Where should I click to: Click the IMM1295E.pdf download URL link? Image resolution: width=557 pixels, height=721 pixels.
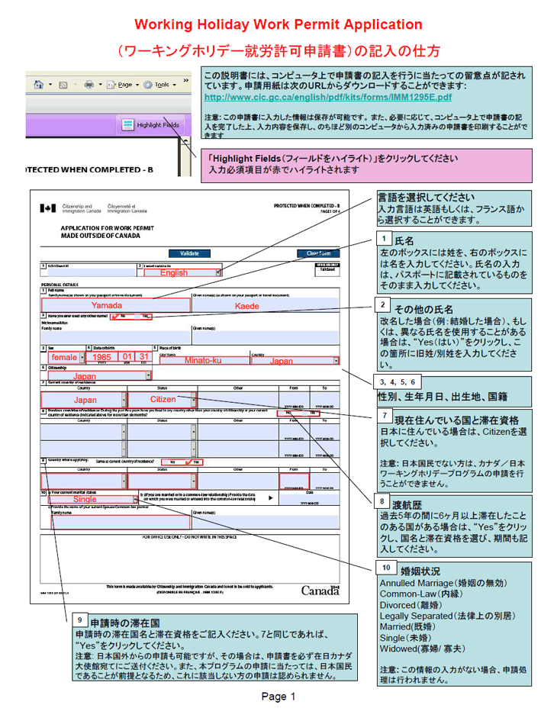[328, 98]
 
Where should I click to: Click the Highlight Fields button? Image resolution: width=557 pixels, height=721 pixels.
[152, 124]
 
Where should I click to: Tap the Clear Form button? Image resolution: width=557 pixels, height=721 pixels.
[318, 253]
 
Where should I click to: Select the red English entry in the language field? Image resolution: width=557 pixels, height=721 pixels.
[173, 272]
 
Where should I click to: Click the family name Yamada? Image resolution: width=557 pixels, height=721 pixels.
[107, 304]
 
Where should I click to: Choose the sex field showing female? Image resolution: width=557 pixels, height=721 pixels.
[64, 357]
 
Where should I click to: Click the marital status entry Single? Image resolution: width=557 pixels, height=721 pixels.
[85, 499]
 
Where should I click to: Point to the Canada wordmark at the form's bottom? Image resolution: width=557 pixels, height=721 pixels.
[319, 591]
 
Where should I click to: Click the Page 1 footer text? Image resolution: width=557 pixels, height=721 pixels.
[278, 696]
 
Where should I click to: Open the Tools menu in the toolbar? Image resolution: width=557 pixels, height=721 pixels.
[159, 85]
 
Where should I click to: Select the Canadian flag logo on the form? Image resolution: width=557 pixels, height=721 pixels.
[47, 208]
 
